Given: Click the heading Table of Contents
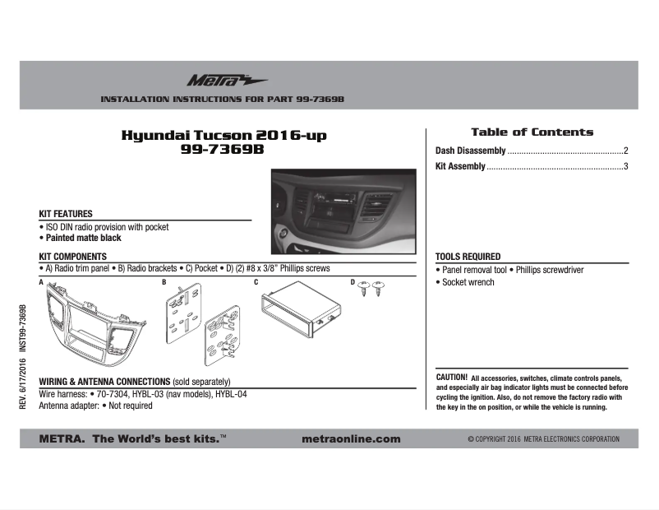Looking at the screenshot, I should coord(532,132).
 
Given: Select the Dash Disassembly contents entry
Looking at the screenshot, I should coord(470,151).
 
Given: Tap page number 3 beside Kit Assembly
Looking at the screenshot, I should coord(625,167).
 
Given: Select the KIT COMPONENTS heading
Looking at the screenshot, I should coord(73,257).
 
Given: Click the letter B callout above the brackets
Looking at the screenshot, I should coord(164,283).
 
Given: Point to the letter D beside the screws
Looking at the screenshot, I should coord(353,283).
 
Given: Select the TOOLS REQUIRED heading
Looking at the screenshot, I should coord(468,257).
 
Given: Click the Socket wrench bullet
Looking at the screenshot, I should coord(467,282).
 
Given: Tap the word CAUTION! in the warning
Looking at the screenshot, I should coord(451,376).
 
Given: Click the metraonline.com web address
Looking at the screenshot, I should coord(352,439).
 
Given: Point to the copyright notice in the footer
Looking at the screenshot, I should coord(543,439).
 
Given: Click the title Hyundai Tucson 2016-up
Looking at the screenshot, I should coord(218,136).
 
